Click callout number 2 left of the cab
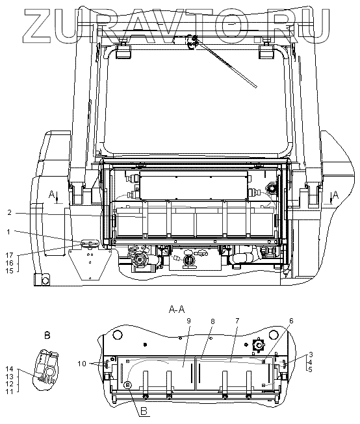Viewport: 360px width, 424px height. click(10, 213)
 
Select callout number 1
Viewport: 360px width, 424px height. click(8, 232)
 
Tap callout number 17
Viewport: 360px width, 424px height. click(10, 255)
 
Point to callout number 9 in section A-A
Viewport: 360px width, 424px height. click(188, 321)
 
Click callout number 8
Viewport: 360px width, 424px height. click(212, 321)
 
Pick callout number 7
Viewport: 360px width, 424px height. click(237, 321)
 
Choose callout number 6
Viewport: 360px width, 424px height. click(291, 321)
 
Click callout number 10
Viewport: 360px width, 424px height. click(82, 364)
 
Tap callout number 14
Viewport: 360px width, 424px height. click(10, 369)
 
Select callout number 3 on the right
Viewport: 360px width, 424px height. click(311, 355)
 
